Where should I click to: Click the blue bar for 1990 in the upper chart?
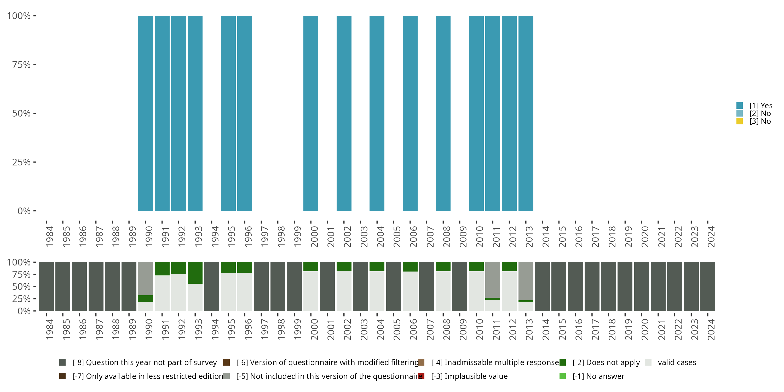point(145,113)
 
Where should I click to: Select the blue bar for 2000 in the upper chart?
point(311,113)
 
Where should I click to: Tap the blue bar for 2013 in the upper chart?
point(526,113)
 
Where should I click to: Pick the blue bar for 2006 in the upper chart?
point(410,113)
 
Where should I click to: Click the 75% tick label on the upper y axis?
point(21,65)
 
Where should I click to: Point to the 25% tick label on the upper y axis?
point(21,162)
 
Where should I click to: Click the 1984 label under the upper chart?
point(50,237)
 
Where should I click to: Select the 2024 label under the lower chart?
point(711,329)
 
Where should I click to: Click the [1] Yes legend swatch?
point(740,106)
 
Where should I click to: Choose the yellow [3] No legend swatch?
point(740,122)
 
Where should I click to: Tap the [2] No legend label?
point(760,113)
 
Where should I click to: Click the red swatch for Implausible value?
point(421,376)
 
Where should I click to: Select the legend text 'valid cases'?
point(677,362)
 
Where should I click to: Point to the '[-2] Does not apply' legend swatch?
point(562,362)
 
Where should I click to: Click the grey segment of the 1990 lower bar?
point(145,279)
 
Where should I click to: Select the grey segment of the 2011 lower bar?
point(492,280)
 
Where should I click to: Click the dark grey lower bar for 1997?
point(261,286)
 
